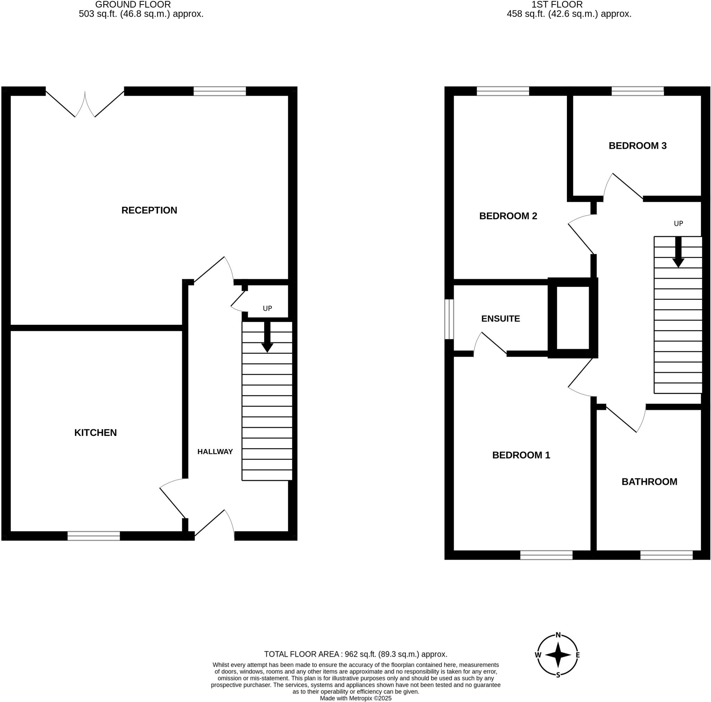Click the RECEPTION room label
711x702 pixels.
pyautogui.click(x=149, y=210)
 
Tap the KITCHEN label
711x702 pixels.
pyautogui.click(x=95, y=432)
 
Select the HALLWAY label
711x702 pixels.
pyautogui.click(x=215, y=452)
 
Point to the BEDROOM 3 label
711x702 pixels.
pyautogui.click(x=637, y=146)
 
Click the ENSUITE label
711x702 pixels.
pyautogui.click(x=501, y=319)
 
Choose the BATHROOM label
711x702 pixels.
pyautogui.click(x=649, y=482)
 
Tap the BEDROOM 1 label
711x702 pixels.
pyautogui.click(x=521, y=455)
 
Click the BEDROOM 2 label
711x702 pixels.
pyautogui.click(x=508, y=216)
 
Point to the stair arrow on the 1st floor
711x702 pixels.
pyautogui.click(x=678, y=252)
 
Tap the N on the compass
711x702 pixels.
pyautogui.click(x=558, y=635)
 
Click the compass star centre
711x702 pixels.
pyautogui.click(x=558, y=655)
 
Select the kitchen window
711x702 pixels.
pyautogui.click(x=94, y=536)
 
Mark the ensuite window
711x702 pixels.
pyautogui.click(x=449, y=319)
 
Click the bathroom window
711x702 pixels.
pyautogui.click(x=667, y=555)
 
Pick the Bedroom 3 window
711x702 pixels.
pyautogui.click(x=638, y=91)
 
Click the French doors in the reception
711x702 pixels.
pyautogui.click(x=85, y=103)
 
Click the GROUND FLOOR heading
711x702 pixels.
pyautogui.click(x=133, y=5)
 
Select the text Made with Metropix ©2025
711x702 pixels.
pyautogui.click(x=355, y=698)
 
